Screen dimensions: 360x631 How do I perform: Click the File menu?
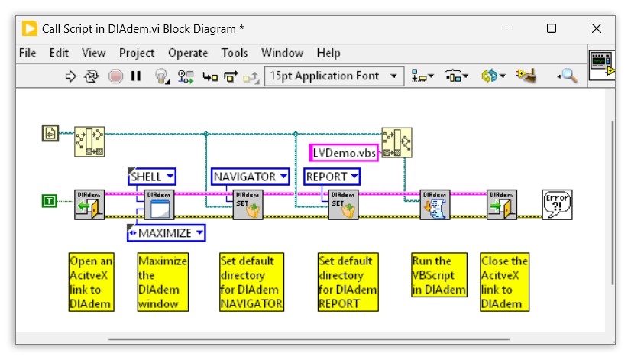[x=28, y=53]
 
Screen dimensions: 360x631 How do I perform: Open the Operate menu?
[x=187, y=53]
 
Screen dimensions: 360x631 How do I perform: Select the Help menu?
[x=328, y=53]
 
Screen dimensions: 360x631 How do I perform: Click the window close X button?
[x=596, y=28]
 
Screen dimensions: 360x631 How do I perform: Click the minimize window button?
[x=506, y=28]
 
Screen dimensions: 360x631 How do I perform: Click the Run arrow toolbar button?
[x=71, y=76]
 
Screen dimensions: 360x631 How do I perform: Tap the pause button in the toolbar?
[x=136, y=76]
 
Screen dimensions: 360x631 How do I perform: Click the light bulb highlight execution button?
[x=161, y=76]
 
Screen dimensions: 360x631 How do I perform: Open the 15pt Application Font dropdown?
[x=334, y=76]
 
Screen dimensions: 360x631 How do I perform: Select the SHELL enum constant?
[x=151, y=177]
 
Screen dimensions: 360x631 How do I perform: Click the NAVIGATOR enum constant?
[x=251, y=177]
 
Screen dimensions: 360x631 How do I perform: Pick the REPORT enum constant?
[x=332, y=177]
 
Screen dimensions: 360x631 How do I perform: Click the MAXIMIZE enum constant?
[x=166, y=232]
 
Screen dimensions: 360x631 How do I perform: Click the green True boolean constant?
[x=49, y=201]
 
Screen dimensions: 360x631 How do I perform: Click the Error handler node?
[x=557, y=204]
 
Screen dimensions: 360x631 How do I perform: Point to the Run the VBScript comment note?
[x=438, y=274]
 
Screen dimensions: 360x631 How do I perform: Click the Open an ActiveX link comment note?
[x=91, y=282]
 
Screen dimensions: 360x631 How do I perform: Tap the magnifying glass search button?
[x=568, y=76]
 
